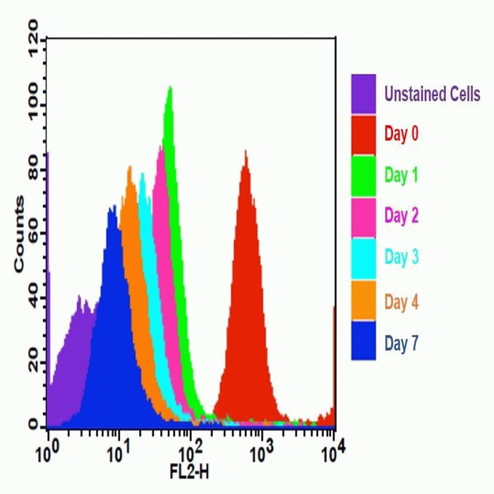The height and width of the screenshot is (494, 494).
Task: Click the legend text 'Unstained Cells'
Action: (x=432, y=95)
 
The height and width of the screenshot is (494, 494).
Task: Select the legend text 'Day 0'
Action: (x=402, y=133)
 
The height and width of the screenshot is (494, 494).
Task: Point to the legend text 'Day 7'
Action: (x=402, y=344)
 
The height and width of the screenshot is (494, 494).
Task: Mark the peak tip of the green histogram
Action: (x=169, y=87)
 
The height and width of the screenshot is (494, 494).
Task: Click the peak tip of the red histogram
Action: (x=245, y=150)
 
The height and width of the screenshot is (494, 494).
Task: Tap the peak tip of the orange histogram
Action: (x=129, y=167)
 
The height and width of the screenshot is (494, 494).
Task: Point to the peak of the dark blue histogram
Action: (x=112, y=205)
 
